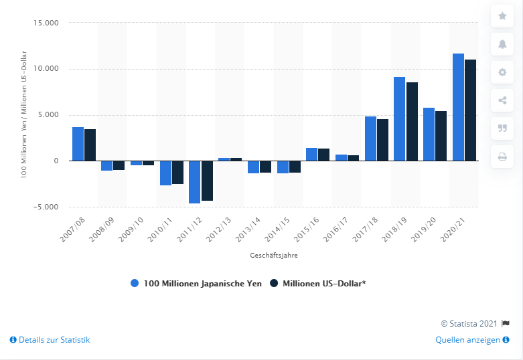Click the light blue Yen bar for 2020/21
458,107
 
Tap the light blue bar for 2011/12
194,182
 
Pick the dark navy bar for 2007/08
90,145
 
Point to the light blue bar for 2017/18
370,139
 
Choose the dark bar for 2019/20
441,136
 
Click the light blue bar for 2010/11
165,173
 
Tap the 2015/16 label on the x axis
311,229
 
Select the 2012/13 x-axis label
224,229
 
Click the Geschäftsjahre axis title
276,255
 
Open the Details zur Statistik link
50,340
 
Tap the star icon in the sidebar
502,15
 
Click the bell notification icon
502,44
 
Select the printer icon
502,157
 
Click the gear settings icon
502,72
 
